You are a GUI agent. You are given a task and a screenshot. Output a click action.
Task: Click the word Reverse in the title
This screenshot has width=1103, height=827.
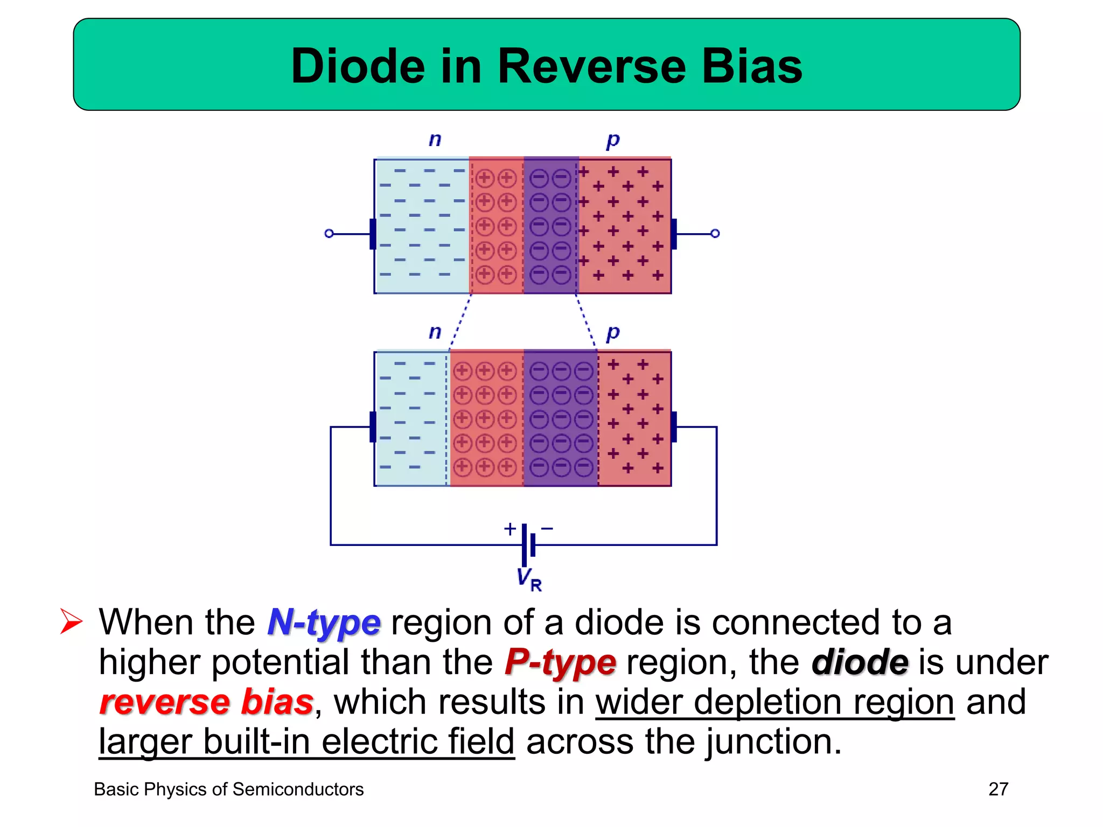[x=591, y=66]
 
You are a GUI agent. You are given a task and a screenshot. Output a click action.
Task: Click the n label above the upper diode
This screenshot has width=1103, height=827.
[x=435, y=140]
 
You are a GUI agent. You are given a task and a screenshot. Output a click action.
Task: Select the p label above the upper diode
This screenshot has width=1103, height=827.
[x=613, y=141]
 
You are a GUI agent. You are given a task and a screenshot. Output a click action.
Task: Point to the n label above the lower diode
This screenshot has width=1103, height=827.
[x=435, y=332]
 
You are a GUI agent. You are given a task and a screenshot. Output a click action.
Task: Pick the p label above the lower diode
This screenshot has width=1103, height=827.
[x=613, y=334]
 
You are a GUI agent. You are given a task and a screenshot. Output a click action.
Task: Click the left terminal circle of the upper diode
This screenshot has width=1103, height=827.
[x=329, y=234]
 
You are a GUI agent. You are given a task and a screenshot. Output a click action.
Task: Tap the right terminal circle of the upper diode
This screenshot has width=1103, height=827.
[x=715, y=234]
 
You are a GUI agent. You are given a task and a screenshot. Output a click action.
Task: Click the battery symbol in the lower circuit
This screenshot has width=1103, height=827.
[x=528, y=544]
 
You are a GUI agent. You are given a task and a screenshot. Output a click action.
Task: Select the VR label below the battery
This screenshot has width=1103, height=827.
[x=529, y=579]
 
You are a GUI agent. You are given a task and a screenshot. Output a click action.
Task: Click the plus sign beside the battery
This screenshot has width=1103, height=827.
[x=509, y=529]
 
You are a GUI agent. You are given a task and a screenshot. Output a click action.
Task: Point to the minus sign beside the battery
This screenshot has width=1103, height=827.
[x=547, y=529]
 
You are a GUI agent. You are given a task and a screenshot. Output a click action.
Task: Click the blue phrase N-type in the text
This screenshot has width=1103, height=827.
[x=324, y=623]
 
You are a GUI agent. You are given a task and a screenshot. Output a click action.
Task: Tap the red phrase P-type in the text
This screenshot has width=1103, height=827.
[x=560, y=663]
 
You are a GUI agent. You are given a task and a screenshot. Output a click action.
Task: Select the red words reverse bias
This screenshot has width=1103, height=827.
[x=206, y=702]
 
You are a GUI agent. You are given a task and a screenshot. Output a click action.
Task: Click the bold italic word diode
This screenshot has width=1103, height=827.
[x=860, y=663]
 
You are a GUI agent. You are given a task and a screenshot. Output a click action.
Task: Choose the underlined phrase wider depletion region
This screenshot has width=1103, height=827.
[x=774, y=702]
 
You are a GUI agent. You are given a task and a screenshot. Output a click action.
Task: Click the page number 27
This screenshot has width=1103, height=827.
[x=998, y=789]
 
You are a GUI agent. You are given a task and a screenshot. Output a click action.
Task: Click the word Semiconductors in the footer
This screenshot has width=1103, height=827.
[x=298, y=789]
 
